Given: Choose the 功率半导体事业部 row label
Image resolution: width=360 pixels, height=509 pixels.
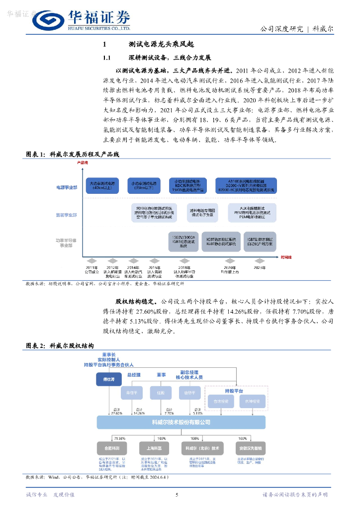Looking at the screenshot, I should pyautogui.click(x=67, y=243).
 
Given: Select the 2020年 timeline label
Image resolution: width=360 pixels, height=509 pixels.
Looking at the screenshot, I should pyautogui.click(x=230, y=270).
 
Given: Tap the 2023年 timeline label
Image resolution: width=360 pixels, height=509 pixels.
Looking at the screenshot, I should pyautogui.click(x=260, y=267).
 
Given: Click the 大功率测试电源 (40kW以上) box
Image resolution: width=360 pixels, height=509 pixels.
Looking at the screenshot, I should pyautogui.click(x=102, y=185).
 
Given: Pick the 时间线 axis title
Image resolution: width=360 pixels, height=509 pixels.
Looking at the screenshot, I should pyautogui.click(x=286, y=257).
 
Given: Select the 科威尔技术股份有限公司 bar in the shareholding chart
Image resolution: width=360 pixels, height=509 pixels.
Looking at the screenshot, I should pyautogui.click(x=181, y=423).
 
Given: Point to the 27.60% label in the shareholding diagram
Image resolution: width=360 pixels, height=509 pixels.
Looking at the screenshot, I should pyautogui.click(x=116, y=413).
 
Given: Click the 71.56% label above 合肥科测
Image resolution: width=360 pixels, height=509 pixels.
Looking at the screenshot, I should pyautogui.click(x=119, y=438).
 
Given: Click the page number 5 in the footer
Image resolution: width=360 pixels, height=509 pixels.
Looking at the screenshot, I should pyautogui.click(x=177, y=495).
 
